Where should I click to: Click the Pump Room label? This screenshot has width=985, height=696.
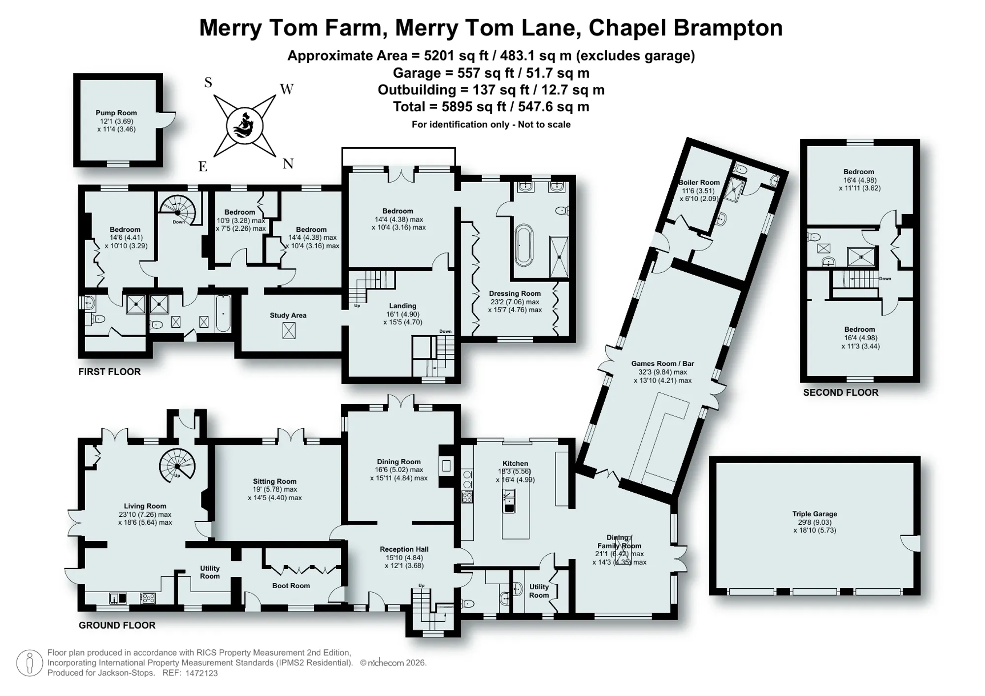click(x=116, y=113)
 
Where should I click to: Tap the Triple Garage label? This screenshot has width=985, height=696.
click(x=815, y=514)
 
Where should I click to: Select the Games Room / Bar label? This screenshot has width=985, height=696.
click(x=662, y=364)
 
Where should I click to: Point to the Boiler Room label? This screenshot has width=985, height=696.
click(x=699, y=182)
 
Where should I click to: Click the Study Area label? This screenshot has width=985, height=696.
click(x=288, y=316)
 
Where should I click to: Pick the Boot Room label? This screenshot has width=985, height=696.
click(x=291, y=586)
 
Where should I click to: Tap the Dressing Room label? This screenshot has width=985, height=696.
click(x=515, y=294)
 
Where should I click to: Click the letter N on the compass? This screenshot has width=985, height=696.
click(x=288, y=164)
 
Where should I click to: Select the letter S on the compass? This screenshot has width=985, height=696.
click(x=208, y=83)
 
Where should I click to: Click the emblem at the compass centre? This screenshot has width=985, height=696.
click(x=245, y=127)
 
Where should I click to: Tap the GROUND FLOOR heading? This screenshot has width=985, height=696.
click(x=117, y=625)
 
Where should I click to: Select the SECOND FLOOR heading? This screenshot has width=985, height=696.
click(x=841, y=392)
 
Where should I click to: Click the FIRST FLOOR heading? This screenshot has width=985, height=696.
click(x=109, y=372)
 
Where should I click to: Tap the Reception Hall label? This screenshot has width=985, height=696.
click(x=404, y=549)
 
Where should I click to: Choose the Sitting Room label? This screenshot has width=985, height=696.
click(x=275, y=481)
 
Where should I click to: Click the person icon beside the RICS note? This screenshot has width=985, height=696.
click(x=30, y=663)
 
